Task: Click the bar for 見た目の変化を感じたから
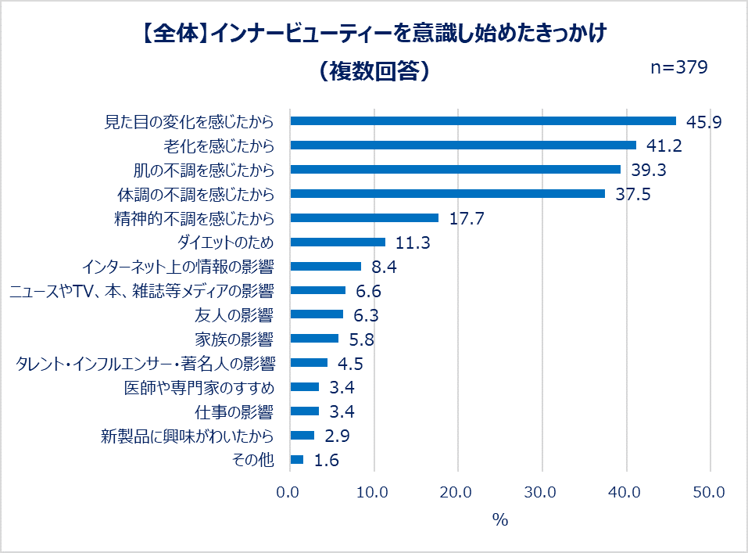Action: tap(483, 120)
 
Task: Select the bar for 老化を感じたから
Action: tap(463, 145)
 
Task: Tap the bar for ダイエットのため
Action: tap(338, 242)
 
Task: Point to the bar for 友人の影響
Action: tap(317, 314)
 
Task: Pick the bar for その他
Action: tap(297, 460)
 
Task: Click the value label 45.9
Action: tap(703, 121)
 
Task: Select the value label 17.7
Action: tap(467, 218)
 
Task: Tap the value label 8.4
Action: tap(385, 267)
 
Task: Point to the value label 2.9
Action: tap(338, 436)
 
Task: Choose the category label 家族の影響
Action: tap(234, 339)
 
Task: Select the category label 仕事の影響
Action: tap(234, 411)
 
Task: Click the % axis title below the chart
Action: tap(499, 519)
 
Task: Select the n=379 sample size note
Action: tap(679, 67)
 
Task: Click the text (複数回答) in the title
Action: tap(374, 70)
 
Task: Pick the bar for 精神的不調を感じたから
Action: tap(364, 217)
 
